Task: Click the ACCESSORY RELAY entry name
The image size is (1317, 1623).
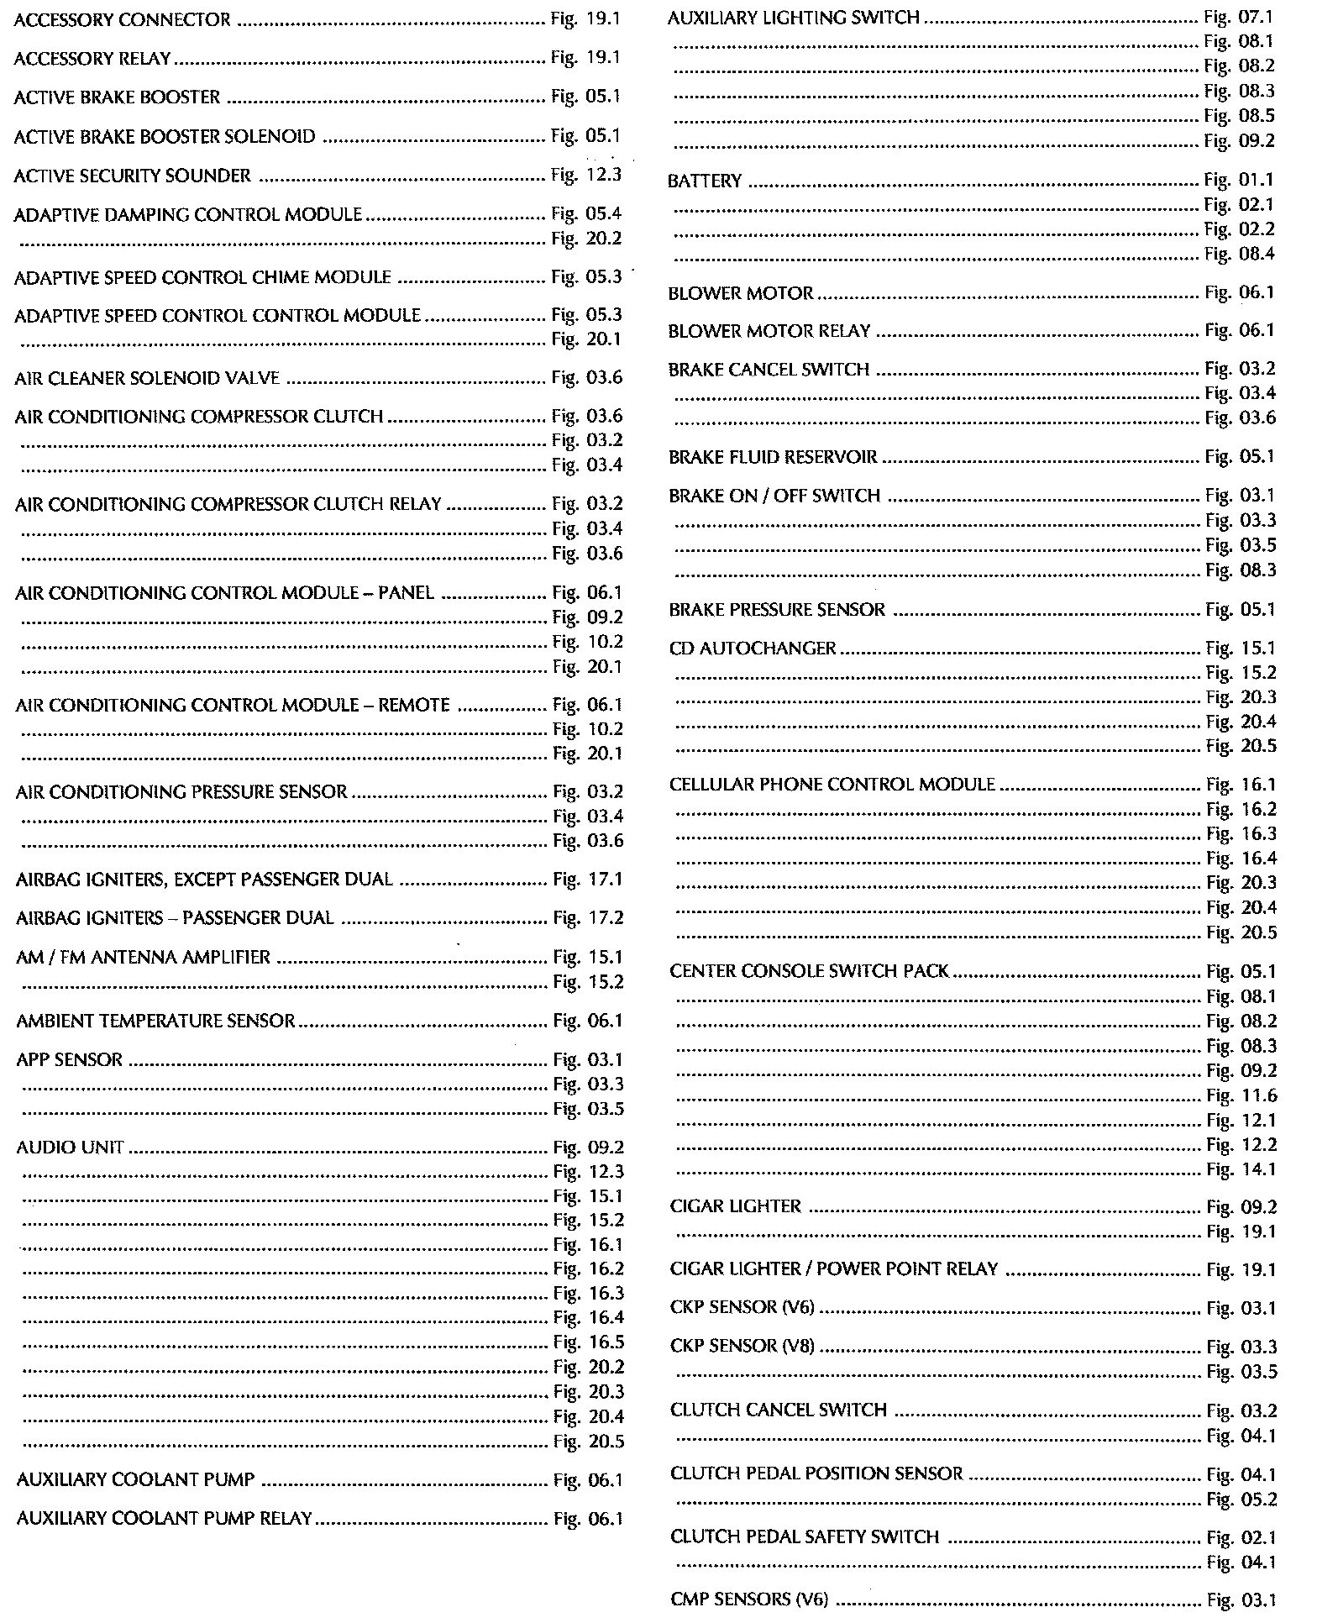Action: pyautogui.click(x=92, y=59)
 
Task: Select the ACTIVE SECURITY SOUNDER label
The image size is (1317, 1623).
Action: pyautogui.click(x=133, y=176)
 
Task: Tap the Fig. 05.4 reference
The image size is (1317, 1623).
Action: pyautogui.click(x=586, y=214)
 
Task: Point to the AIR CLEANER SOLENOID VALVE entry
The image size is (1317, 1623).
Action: pyautogui.click(x=147, y=378)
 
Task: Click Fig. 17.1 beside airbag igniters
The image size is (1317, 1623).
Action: pyautogui.click(x=588, y=880)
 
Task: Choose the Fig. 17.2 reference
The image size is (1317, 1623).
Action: pyautogui.click(x=588, y=918)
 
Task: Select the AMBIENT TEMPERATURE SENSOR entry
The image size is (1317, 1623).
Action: pyautogui.click(x=155, y=1022)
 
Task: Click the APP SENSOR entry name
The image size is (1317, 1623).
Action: pyautogui.click(x=70, y=1060)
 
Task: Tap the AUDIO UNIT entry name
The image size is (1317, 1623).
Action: pyautogui.click(x=71, y=1148)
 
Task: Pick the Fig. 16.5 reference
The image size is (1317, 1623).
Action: pyautogui.click(x=589, y=1342)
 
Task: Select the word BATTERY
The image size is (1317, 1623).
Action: pyautogui.click(x=705, y=181)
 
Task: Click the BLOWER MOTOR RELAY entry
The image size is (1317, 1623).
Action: pyautogui.click(x=769, y=332)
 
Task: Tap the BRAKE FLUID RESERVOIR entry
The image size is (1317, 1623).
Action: pyautogui.click(x=773, y=458)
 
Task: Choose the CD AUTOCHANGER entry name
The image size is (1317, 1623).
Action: pyautogui.click(x=753, y=649)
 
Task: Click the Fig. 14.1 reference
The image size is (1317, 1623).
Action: pyautogui.click(x=1241, y=1169)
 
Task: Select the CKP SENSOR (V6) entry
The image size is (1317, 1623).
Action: pyautogui.click(x=742, y=1308)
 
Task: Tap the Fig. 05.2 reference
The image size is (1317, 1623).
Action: pyautogui.click(x=1241, y=1500)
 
